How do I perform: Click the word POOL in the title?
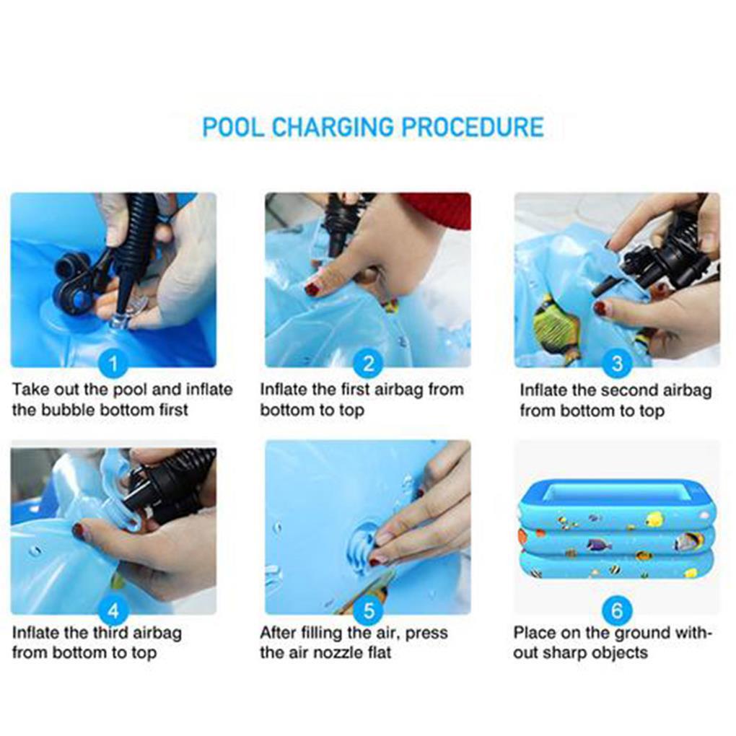pyautogui.click(x=233, y=127)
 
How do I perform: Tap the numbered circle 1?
pyautogui.click(x=113, y=364)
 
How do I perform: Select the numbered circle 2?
pyautogui.click(x=369, y=364)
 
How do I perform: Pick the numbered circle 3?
pyautogui.click(x=617, y=364)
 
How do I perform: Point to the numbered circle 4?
pyautogui.click(x=113, y=610)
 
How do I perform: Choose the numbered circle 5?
pyautogui.click(x=369, y=610)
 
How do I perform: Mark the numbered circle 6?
pyautogui.click(x=617, y=610)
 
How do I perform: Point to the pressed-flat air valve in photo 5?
pyautogui.click(x=364, y=547)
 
